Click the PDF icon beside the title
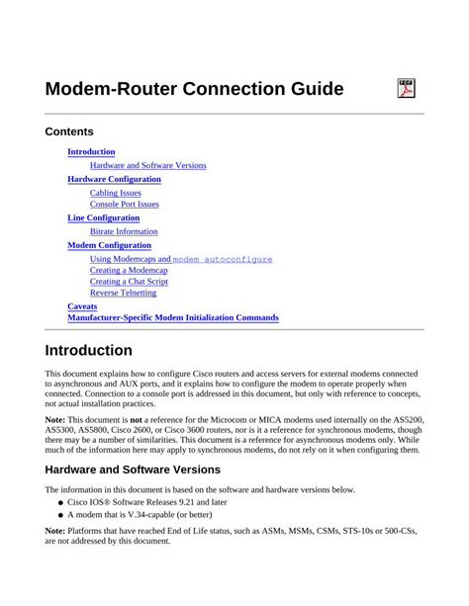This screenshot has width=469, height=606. (406, 89)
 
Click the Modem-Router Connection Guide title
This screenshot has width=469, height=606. (194, 90)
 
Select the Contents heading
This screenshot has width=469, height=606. (69, 131)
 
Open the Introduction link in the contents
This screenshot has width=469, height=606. (91, 151)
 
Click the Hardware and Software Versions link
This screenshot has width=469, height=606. (147, 165)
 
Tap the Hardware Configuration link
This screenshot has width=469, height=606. (114, 179)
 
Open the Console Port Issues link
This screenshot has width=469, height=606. (124, 205)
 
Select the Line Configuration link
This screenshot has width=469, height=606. (103, 217)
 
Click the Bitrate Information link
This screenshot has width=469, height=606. (124, 231)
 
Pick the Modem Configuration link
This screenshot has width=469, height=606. (109, 245)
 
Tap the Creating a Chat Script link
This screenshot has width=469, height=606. (129, 282)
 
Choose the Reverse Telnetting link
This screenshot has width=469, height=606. (123, 293)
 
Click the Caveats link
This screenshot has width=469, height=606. (82, 306)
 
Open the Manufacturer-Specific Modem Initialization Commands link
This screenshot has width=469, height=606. (172, 318)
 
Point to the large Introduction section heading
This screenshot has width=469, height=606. (89, 350)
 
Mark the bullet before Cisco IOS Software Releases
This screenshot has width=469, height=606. (60, 502)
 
